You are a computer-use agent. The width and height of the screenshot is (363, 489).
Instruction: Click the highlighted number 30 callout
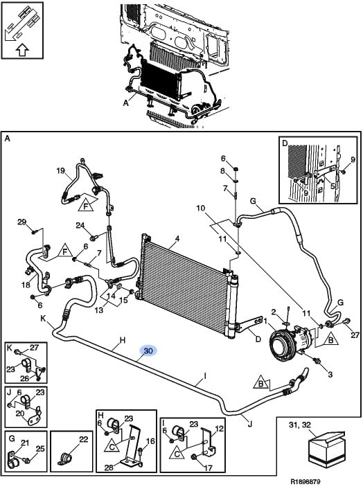pyautogui.click(x=148, y=351)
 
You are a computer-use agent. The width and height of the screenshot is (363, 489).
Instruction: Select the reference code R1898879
pyautogui.click(x=306, y=482)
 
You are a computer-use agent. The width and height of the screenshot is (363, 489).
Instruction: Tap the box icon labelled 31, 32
pyautogui.click(x=326, y=449)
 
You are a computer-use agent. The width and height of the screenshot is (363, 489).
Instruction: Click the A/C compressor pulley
pyautogui.click(x=282, y=346)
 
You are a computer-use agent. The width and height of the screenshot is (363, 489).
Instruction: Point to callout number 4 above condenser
pyautogui.click(x=177, y=239)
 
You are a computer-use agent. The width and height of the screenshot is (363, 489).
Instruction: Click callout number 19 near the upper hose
pyautogui.click(x=60, y=170)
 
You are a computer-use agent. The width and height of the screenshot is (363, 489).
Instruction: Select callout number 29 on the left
pyautogui.click(x=22, y=222)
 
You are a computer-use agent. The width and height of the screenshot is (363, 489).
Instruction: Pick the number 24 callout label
pyautogui.click(x=80, y=225)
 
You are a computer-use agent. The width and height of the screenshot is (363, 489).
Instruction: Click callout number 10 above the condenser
pyautogui.click(x=201, y=208)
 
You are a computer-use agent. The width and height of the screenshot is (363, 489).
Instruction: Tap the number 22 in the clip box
pyautogui.click(x=84, y=439)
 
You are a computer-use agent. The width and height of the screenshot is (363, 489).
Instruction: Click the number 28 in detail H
pyautogui.click(x=109, y=468)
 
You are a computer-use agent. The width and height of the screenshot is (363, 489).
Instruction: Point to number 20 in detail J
pyautogui.click(x=20, y=414)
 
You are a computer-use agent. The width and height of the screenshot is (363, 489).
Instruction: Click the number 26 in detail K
pyautogui.click(x=25, y=378)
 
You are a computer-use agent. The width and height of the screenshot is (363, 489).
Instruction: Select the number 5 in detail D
pyautogui.click(x=333, y=186)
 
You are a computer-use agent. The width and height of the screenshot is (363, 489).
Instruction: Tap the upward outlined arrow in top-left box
pyautogui.click(x=22, y=50)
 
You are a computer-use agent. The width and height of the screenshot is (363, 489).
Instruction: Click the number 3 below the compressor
pyautogui.click(x=330, y=374)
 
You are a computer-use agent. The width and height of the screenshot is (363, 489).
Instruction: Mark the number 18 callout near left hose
pyautogui.click(x=26, y=285)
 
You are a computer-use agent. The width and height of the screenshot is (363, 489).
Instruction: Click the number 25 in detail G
pyautogui.click(x=40, y=449)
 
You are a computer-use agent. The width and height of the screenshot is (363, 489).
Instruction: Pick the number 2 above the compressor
pyautogui.click(x=274, y=312)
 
